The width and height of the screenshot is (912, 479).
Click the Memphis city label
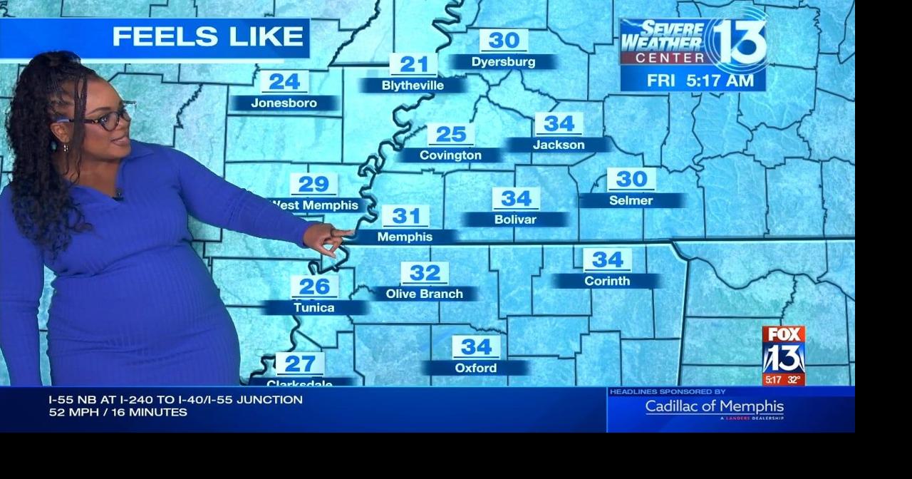click(x=405, y=237)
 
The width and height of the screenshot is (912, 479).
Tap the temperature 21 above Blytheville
click(x=413, y=65)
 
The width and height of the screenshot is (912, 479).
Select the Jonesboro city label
click(x=284, y=103)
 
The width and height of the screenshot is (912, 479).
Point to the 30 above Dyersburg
click(x=504, y=41)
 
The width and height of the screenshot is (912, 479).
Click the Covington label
click(x=450, y=155)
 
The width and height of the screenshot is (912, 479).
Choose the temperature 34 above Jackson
click(x=559, y=124)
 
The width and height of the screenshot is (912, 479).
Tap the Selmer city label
click(x=631, y=200)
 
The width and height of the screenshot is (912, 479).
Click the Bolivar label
click(x=515, y=220)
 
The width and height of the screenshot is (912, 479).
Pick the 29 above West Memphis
click(x=313, y=185)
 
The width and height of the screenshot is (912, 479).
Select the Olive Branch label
click(x=425, y=294)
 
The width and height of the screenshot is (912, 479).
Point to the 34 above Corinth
click(x=607, y=259)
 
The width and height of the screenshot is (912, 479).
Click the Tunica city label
click(x=314, y=308)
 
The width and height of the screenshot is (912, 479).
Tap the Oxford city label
click(x=476, y=368)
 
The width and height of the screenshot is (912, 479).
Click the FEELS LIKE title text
click(x=207, y=36)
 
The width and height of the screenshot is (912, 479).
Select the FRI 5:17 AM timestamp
click(x=700, y=81)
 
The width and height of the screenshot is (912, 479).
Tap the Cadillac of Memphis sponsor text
click(x=715, y=407)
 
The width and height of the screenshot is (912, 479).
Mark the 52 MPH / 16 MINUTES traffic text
click(x=118, y=412)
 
